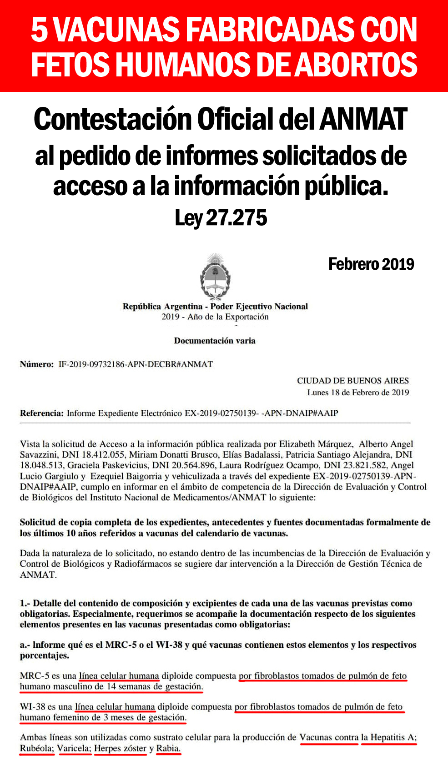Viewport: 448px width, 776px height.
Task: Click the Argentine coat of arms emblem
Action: click(215, 277)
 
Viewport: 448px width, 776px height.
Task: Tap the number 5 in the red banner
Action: click(39, 30)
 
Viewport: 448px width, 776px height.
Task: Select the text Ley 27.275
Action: click(221, 218)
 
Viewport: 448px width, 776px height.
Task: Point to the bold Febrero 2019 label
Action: click(371, 264)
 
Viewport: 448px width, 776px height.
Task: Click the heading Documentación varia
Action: click(215, 341)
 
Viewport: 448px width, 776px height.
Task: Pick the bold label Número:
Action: click(37, 364)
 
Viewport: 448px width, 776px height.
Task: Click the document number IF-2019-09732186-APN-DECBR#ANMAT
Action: click(136, 364)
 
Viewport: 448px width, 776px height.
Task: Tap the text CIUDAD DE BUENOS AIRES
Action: click(353, 381)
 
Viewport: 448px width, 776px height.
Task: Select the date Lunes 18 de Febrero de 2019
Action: click(358, 393)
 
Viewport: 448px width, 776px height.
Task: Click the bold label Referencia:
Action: click(41, 413)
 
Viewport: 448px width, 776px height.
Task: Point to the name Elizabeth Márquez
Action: click(316, 444)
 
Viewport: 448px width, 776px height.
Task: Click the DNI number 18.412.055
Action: click(103, 454)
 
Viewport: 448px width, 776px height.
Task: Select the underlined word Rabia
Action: click(168, 748)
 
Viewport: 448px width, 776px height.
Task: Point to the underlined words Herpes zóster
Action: click(120, 748)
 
